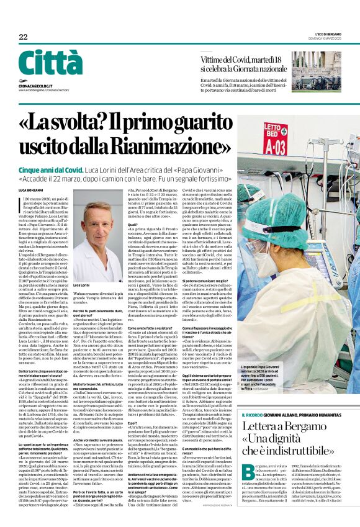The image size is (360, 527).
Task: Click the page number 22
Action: [23, 37]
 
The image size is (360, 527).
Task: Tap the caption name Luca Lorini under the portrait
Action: [83, 285]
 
